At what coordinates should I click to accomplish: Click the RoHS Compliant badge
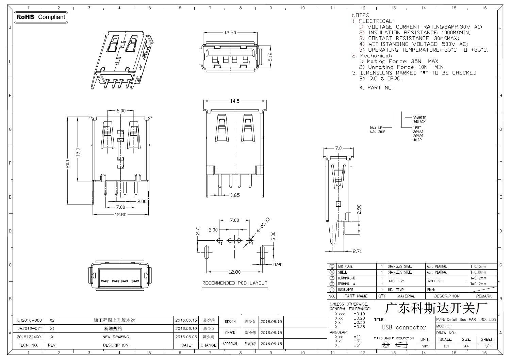pos(41,17)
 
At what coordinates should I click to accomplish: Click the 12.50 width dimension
pos(230,33)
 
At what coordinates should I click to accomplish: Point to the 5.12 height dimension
pos(270,57)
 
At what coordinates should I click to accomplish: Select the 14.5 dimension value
pos(235,101)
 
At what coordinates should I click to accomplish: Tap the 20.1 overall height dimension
pos(67,164)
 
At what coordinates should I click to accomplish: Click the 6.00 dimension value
pos(121,110)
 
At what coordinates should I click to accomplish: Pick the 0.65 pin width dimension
pos(235,195)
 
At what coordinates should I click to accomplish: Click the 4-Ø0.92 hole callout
pos(263,225)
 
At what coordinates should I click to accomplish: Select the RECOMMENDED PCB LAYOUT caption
pos(235,283)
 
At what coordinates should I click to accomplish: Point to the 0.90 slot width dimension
pos(278,264)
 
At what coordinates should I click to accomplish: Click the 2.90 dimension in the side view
pos(359,209)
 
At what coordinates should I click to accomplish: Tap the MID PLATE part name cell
pos(345,266)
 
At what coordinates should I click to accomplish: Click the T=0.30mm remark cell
pos(478,272)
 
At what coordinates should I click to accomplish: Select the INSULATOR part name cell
pos(346,290)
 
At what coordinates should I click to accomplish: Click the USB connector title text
pos(404,327)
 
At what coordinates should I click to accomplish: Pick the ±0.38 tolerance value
pos(359,327)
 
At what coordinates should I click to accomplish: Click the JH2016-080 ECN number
pos(29,320)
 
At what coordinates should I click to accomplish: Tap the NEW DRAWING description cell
pos(116,337)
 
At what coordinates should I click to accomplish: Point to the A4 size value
pos(466,346)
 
